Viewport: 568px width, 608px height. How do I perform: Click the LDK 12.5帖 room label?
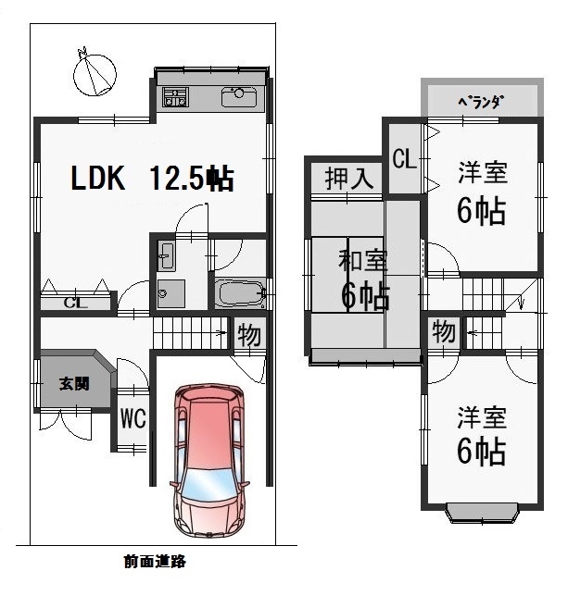click(152, 179)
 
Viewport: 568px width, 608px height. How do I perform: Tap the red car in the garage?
click(209, 460)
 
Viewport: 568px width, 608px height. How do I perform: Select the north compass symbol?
click(95, 72)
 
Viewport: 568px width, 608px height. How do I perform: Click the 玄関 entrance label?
click(74, 384)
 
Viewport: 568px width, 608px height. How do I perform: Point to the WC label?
click(133, 418)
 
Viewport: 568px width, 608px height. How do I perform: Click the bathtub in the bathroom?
click(239, 294)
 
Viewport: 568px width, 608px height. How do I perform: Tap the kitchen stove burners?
click(175, 96)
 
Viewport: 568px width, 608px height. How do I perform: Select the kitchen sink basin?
click(239, 96)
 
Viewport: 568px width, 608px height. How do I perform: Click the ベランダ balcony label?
click(481, 102)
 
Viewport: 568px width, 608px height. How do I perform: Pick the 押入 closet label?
click(349, 179)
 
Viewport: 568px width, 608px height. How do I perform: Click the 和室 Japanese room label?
click(362, 260)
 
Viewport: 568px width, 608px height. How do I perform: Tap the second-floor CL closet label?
click(405, 159)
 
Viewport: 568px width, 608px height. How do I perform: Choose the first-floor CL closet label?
click(76, 303)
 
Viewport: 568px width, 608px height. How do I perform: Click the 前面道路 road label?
click(155, 561)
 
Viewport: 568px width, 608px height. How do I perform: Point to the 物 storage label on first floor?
click(249, 335)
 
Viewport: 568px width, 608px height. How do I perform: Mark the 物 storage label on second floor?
click(444, 331)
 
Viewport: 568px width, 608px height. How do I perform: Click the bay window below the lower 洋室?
click(482, 513)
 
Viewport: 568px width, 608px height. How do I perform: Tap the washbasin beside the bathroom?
click(167, 255)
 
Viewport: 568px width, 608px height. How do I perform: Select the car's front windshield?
click(209, 484)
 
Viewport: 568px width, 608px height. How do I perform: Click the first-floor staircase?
click(190, 333)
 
